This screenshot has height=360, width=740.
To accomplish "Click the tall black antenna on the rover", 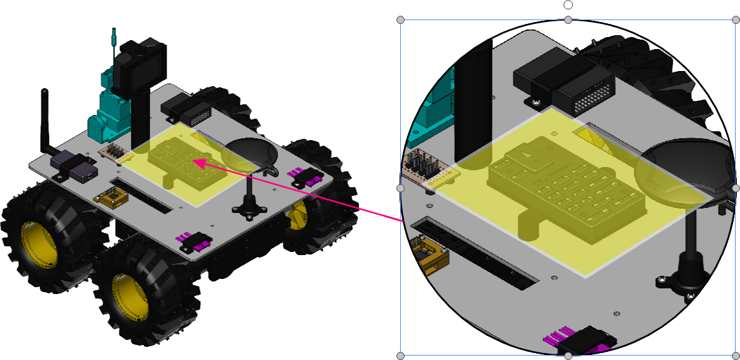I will pyautogui.click(x=45, y=119).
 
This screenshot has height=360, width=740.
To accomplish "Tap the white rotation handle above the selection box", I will pyautogui.click(x=568, y=5).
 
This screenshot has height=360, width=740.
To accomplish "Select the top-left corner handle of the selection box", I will pyautogui.click(x=401, y=20).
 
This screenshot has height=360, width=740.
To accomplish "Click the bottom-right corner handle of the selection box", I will pyautogui.click(x=735, y=356).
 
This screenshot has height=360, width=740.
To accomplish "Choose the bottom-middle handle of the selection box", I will pyautogui.click(x=568, y=356).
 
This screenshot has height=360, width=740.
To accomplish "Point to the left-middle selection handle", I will pyautogui.click(x=401, y=188).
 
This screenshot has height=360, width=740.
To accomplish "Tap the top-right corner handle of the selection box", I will pyautogui.click(x=735, y=20).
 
